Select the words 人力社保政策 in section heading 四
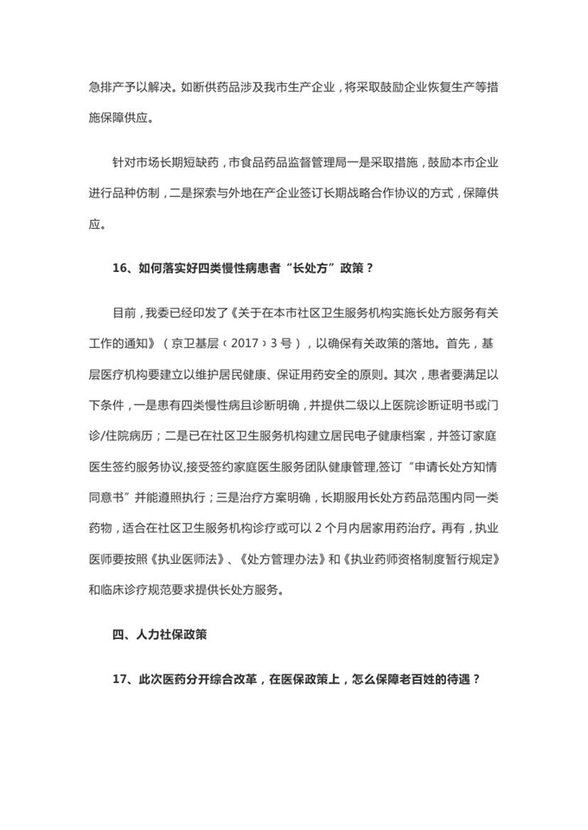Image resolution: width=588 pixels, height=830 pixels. pos(171,635)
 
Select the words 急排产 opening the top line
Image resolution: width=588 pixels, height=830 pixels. pos(106,86)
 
